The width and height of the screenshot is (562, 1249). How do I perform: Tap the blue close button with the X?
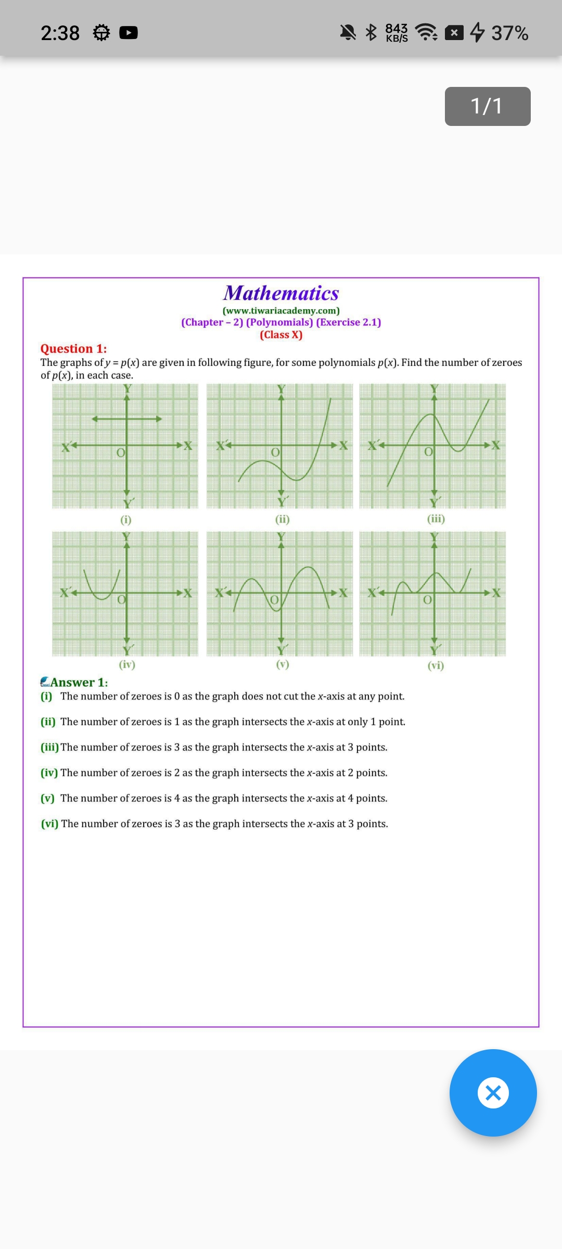pyautogui.click(x=493, y=1092)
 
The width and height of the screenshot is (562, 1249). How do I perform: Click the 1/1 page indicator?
pyautogui.click(x=488, y=106)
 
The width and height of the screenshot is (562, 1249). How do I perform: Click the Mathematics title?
pyautogui.click(x=281, y=293)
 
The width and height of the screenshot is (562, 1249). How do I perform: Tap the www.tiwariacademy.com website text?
pyautogui.click(x=281, y=311)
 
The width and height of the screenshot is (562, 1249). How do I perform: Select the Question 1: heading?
pyautogui.click(x=73, y=349)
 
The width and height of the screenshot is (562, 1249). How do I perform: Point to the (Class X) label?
pyautogui.click(x=281, y=335)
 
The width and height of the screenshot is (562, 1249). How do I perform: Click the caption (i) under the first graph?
pyautogui.click(x=126, y=519)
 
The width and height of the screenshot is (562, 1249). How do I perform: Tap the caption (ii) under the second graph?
pyautogui.click(x=282, y=519)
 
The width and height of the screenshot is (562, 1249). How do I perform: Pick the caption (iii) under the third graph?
pyautogui.click(x=436, y=518)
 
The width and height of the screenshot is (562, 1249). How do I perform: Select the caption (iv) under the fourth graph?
pyautogui.click(x=127, y=665)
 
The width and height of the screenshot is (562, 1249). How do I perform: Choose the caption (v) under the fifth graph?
pyautogui.click(x=282, y=664)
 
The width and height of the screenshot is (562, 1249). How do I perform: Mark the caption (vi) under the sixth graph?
pyautogui.click(x=436, y=665)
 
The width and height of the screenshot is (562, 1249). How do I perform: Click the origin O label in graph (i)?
pyautogui.click(x=120, y=453)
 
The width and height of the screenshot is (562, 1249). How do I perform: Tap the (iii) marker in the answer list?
pyautogui.click(x=50, y=747)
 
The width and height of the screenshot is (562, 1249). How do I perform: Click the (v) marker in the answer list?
pyautogui.click(x=48, y=798)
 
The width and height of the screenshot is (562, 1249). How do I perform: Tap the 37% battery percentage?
pyautogui.click(x=509, y=33)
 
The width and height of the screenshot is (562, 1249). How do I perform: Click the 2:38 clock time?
pyautogui.click(x=60, y=33)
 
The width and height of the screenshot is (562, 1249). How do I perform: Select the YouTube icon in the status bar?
pyautogui.click(x=129, y=33)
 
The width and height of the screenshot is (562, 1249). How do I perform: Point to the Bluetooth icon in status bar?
pyautogui.click(x=371, y=32)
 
